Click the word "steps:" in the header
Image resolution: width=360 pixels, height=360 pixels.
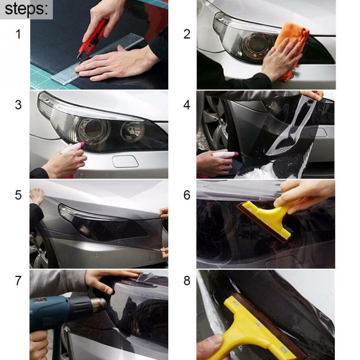pyautogui.click(x=26, y=9)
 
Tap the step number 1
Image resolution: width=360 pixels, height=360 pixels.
pyautogui.click(x=18, y=34)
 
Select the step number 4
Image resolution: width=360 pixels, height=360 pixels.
pyautogui.click(x=187, y=105)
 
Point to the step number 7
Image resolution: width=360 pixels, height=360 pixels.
pyautogui.click(x=18, y=280)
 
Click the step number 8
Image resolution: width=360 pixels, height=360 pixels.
pyautogui.click(x=187, y=280)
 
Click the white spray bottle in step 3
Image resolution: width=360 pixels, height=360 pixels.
pyautogui.click(x=72, y=148)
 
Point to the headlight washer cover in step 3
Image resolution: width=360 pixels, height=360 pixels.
pyautogui.click(x=125, y=161)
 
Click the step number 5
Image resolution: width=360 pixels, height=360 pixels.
pyautogui.click(x=18, y=195)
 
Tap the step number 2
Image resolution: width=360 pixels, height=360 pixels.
pyautogui.click(x=187, y=34)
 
